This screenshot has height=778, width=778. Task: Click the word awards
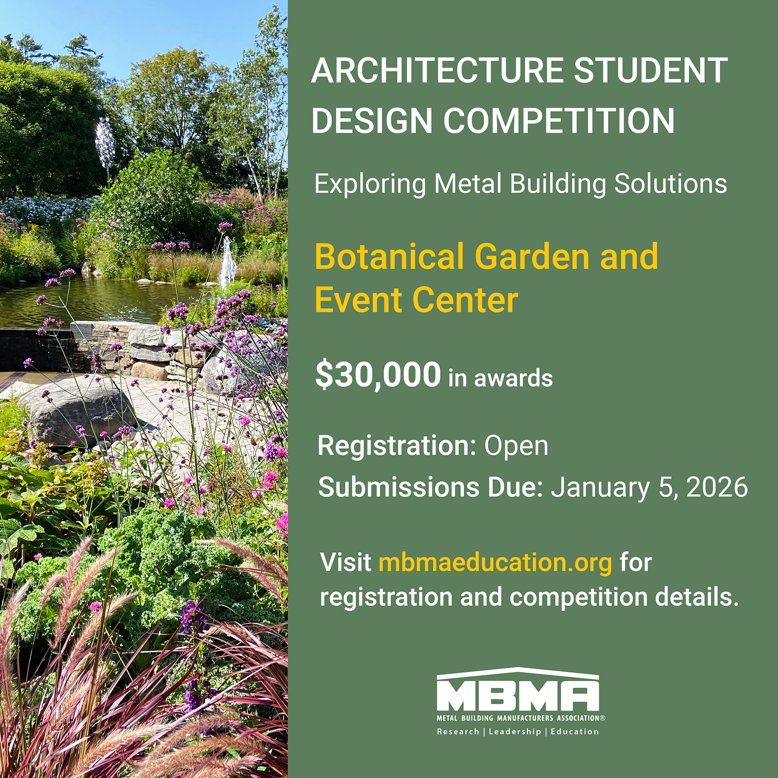coord(513,378)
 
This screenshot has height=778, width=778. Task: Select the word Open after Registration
coord(516,446)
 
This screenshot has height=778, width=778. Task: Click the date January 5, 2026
coord(649,488)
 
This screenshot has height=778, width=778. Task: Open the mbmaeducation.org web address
coord(495,563)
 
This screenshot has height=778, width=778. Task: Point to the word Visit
coord(346,562)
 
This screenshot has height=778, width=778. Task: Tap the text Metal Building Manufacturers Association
coord(520,718)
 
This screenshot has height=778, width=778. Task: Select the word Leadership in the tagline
coord(515,731)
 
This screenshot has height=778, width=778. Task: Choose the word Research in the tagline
coord(458,731)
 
